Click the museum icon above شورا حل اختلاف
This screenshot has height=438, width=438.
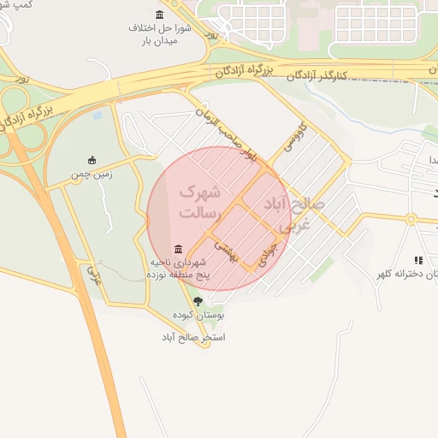click(x=160, y=15)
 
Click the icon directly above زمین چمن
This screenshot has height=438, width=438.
click(x=92, y=160)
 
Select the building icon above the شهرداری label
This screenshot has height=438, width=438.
click(x=177, y=248)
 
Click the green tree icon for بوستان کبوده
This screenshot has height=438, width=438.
click(x=198, y=301)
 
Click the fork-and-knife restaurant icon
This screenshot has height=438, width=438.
click(x=418, y=260)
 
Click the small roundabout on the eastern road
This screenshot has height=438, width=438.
click(x=411, y=219)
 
